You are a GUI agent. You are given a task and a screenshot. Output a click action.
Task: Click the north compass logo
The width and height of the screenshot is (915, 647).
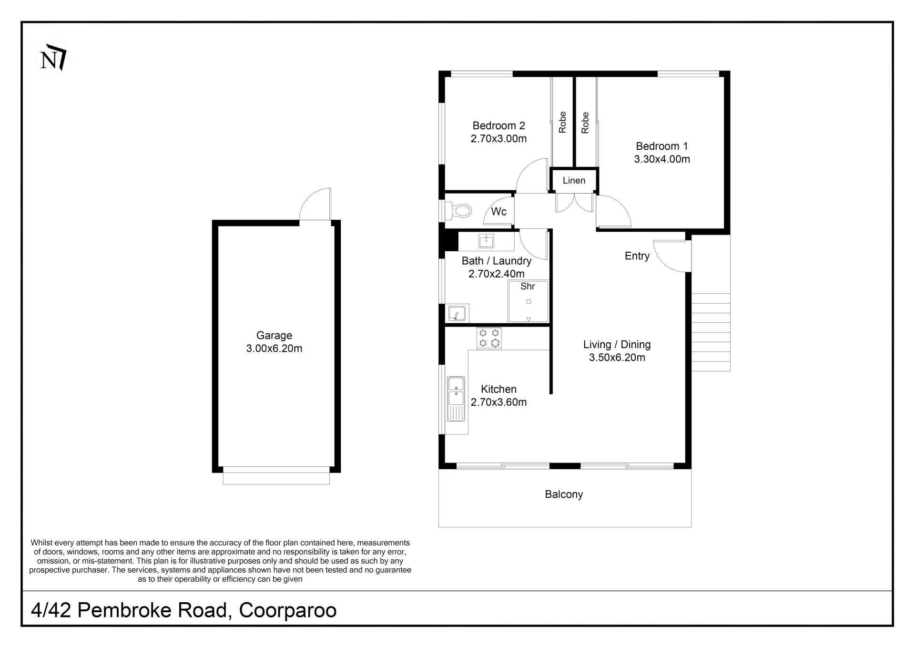tap(53, 58)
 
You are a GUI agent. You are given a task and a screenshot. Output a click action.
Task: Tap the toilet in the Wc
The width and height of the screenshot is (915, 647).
tap(458, 210)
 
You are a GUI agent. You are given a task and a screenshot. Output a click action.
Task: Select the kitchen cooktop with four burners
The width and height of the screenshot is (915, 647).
tap(489, 338)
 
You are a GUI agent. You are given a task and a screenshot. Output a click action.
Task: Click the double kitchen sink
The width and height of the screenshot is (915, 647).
tap(456, 399)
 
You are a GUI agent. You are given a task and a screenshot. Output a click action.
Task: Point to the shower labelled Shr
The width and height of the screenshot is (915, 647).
tap(528, 301)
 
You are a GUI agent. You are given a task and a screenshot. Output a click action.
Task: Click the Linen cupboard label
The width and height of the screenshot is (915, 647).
tap(574, 181)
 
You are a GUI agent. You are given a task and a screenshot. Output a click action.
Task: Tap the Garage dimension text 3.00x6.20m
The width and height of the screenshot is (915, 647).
tap(274, 349)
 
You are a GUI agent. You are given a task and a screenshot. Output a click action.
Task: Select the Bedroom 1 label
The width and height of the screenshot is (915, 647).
tap(662, 146)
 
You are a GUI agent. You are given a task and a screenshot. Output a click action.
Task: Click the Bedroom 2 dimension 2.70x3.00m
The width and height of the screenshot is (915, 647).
tap(498, 139)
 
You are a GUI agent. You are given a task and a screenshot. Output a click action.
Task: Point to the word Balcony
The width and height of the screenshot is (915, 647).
tap(564, 494)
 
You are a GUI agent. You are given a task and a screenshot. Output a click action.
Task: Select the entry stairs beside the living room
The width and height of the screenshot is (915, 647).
tap(711, 332)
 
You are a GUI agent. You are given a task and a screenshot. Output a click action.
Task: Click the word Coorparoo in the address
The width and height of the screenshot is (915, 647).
tap(288, 610)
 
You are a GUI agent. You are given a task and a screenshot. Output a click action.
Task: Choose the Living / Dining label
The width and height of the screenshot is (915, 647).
tap(617, 345)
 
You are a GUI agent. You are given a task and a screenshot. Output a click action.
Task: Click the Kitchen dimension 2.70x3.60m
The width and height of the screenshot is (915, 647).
tap(498, 402)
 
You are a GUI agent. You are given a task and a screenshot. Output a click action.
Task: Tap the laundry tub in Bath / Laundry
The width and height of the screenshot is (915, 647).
tap(457, 314)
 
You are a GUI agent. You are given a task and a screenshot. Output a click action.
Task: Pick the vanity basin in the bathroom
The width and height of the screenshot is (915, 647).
tap(486, 241)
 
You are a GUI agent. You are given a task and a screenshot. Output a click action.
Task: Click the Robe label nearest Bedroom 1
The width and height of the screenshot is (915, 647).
tap(585, 123)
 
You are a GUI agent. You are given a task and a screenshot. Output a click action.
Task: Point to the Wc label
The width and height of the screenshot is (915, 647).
tap(498, 212)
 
